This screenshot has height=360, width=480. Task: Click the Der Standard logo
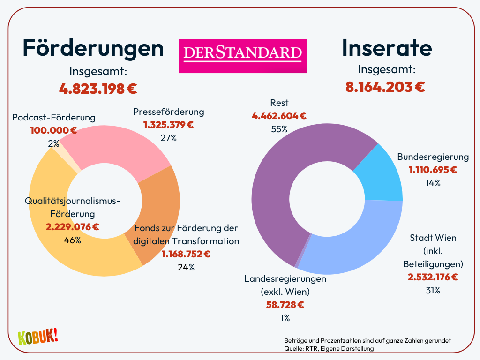[243, 56]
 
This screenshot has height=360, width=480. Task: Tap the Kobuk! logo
[37, 337]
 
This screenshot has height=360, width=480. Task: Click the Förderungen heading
[93, 48]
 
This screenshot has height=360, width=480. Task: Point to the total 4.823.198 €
[98, 88]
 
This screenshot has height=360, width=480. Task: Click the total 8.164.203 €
[385, 87]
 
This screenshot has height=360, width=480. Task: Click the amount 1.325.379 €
[168, 125]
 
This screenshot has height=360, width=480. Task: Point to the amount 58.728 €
[285, 305]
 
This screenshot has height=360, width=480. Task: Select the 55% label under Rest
[279, 129]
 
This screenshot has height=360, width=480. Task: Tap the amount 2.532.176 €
[433, 277]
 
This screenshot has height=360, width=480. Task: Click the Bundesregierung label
[433, 157]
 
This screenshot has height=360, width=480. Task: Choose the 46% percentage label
[72, 240]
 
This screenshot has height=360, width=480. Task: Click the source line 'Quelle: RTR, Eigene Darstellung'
[329, 348]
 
